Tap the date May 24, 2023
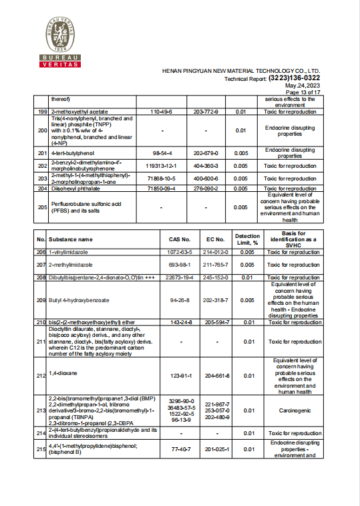click(x=303, y=86)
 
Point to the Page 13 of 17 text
click(x=304, y=92)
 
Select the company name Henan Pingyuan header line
click(x=241, y=70)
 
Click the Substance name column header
click(x=70, y=239)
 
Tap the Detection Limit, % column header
click(x=247, y=239)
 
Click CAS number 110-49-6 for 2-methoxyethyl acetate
click(x=162, y=112)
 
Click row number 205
click(x=41, y=207)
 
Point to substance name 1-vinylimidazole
click(x=70, y=252)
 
